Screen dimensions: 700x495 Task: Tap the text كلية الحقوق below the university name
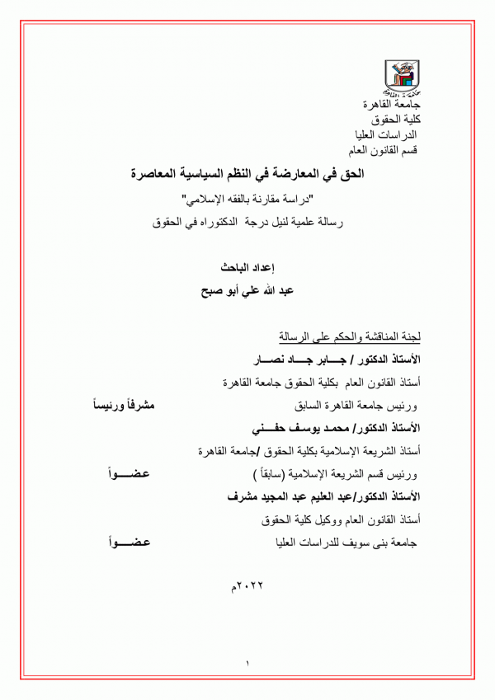[x=395, y=120]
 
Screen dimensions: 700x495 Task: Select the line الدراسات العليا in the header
[x=389, y=135]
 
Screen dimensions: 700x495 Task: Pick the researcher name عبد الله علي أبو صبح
[x=244, y=291]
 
